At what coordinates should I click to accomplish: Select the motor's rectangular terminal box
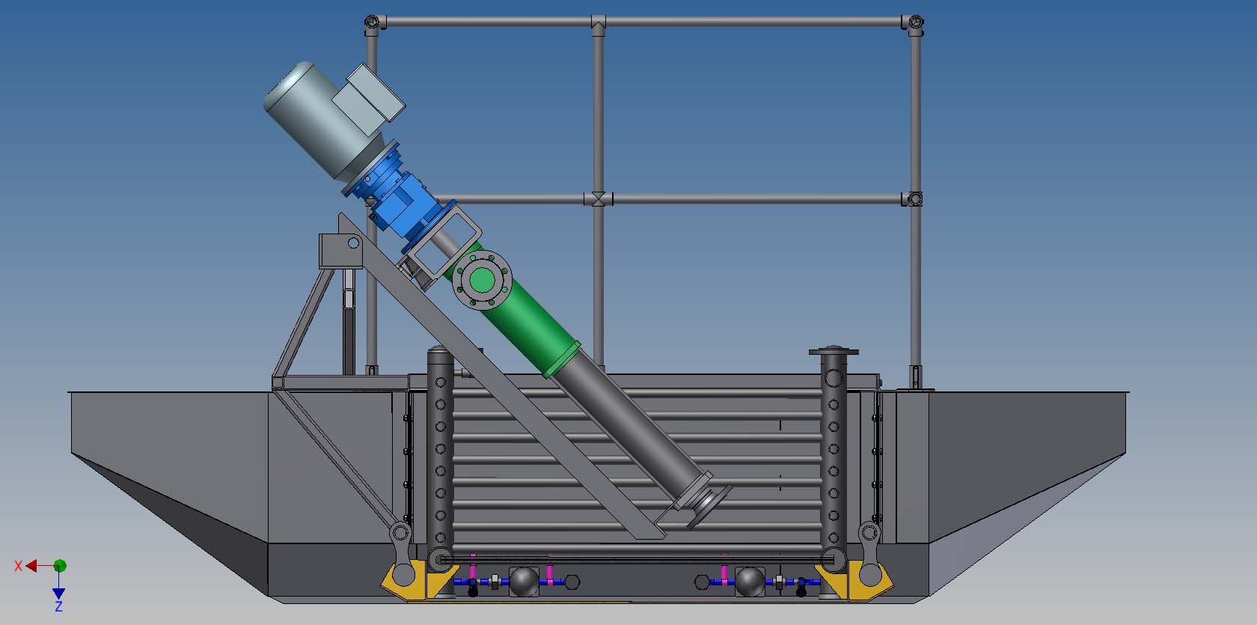tap(368, 98)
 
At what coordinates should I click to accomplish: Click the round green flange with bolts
tap(482, 280)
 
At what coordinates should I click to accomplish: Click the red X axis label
tap(18, 565)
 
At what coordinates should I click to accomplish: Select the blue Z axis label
tap(58, 606)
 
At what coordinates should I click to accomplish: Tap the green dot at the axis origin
tap(60, 565)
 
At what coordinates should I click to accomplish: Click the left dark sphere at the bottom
tap(524, 582)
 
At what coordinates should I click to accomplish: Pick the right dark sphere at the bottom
tap(750, 582)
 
